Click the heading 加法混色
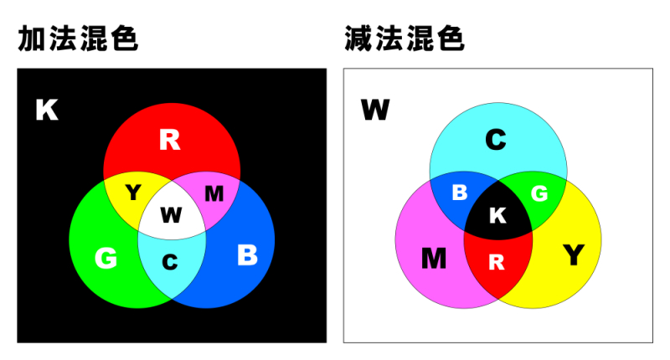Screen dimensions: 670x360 coord(78,39)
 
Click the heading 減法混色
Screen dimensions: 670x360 coord(405,39)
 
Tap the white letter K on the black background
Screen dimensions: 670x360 coord(47,110)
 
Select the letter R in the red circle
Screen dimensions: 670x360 coord(170,140)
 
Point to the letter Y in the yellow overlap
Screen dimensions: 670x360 coord(133,193)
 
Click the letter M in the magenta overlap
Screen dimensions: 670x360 coord(214,194)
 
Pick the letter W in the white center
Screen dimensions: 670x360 coord(172,215)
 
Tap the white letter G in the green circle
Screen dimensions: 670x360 coord(106,259)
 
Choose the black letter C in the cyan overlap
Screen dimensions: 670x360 coord(170,262)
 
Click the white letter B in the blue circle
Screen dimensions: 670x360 coord(247,255)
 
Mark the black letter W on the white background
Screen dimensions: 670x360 coord(375,110)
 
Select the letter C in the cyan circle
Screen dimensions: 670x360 coord(496,140)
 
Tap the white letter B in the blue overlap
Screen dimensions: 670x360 coord(460,193)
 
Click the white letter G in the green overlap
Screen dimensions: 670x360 coord(539,194)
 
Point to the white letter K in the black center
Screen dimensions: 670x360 coord(497,216)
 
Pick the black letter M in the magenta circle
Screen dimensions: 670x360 coord(434,259)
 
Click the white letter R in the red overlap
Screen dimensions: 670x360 coord(497,262)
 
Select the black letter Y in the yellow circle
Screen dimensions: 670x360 coord(574,255)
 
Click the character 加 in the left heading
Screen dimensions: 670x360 coord(31,39)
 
